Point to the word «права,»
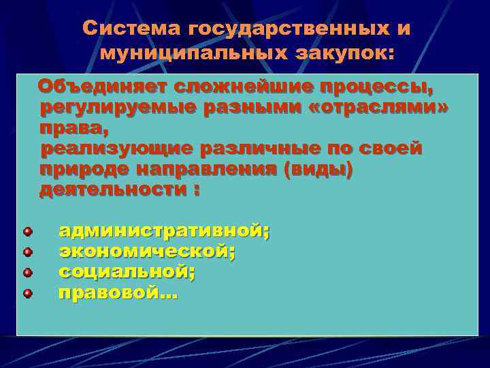74,129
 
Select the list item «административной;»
164,232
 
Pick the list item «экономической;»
147,252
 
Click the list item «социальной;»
127,273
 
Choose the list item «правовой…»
118,294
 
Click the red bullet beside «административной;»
27,232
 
